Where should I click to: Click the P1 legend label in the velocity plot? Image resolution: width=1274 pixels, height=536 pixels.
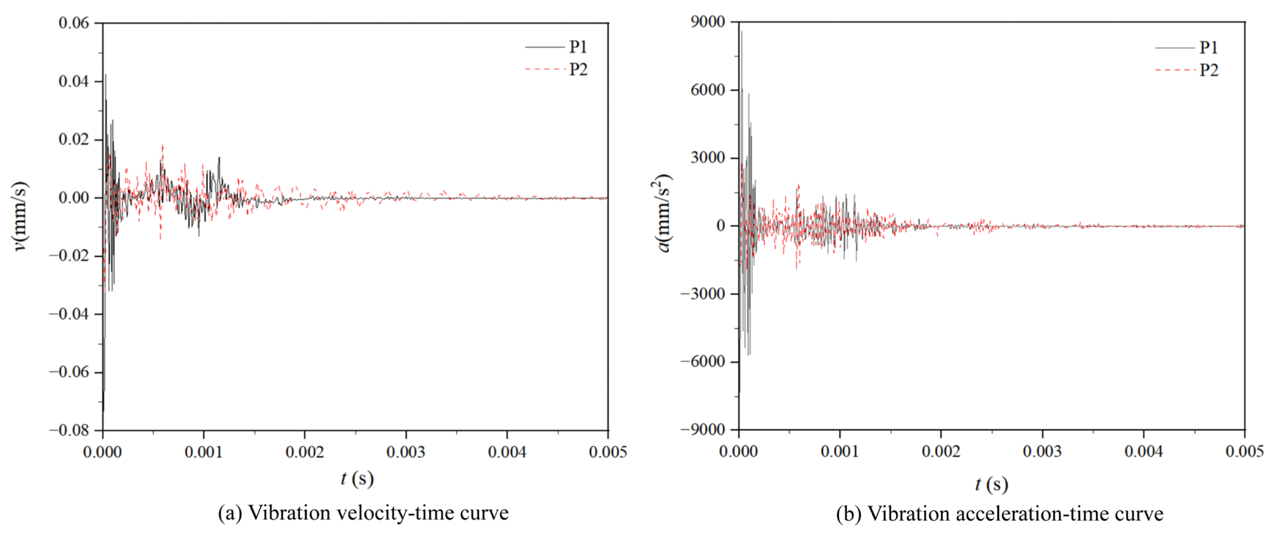(x=578, y=47)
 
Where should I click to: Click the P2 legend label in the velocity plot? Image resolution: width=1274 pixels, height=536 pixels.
(x=578, y=69)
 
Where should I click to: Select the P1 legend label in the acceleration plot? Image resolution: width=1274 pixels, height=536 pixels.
(x=1208, y=47)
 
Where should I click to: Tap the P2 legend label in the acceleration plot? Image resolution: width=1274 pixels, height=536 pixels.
(x=1208, y=70)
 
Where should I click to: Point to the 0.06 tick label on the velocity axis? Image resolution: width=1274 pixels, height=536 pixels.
(x=74, y=23)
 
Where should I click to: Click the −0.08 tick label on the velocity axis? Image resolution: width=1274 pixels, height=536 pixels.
(x=69, y=430)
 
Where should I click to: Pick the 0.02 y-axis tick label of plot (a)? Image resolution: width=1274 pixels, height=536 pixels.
(x=74, y=140)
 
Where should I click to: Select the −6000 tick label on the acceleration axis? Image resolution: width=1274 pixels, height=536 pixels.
(x=703, y=361)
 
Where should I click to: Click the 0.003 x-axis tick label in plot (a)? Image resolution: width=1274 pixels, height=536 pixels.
(x=406, y=452)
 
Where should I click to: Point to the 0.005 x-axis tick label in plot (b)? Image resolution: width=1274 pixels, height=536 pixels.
(x=1244, y=451)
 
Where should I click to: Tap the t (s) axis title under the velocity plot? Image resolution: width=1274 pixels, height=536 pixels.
(x=357, y=478)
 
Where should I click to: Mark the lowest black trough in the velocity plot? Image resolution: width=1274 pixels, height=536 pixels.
(x=104, y=410)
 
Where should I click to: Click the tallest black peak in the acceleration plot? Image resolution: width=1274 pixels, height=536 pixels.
(x=741, y=32)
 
